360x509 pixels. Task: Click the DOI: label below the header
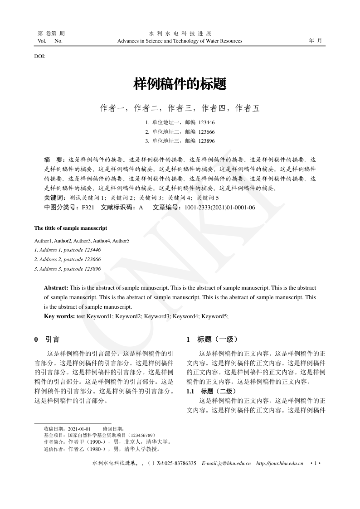(x=39, y=56)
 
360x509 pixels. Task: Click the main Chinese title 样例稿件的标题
(x=180, y=84)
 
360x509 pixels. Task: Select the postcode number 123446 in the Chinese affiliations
(x=206, y=122)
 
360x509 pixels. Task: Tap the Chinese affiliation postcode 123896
(x=206, y=141)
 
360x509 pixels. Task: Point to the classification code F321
(x=88, y=207)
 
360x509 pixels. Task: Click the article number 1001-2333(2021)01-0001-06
(x=220, y=207)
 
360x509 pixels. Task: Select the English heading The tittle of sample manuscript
(x=71, y=228)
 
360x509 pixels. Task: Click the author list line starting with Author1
(x=82, y=240)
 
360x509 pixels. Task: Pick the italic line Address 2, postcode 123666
(x=68, y=259)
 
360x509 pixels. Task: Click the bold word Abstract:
(x=56, y=288)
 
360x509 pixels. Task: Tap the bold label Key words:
(x=59, y=316)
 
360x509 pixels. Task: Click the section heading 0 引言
(x=47, y=339)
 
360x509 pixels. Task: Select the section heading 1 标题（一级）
(x=212, y=339)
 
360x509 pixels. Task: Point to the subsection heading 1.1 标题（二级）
(x=211, y=391)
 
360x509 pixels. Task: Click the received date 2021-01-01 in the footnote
(x=79, y=429)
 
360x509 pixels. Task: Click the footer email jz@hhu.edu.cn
(x=234, y=463)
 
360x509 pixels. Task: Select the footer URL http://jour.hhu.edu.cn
(x=280, y=463)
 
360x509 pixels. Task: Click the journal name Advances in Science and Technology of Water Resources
(x=180, y=41)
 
